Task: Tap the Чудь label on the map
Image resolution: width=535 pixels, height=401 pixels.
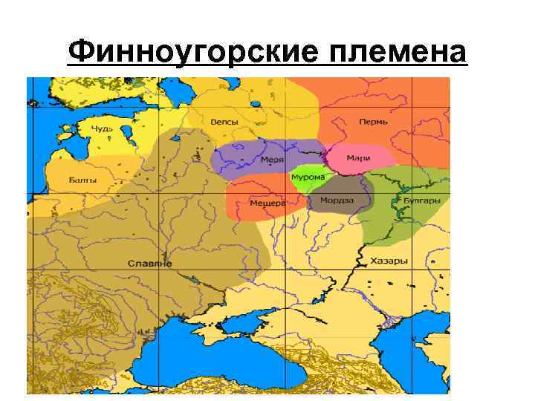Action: point(101,128)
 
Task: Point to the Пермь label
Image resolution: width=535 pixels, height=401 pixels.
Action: point(373,122)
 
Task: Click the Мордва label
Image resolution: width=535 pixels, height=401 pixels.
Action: point(337,200)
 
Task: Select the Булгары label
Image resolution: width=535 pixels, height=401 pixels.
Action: point(421,200)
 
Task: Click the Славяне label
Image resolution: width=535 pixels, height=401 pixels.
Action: point(149,264)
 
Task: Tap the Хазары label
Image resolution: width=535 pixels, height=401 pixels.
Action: point(389,261)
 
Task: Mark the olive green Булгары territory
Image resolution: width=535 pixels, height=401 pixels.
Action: point(405,219)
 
